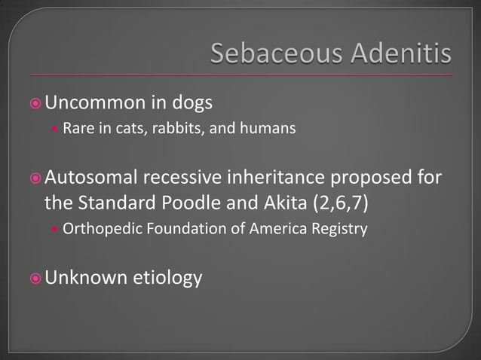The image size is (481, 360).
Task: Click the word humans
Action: coord(268,129)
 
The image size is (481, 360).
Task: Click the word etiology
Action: coord(167,278)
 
